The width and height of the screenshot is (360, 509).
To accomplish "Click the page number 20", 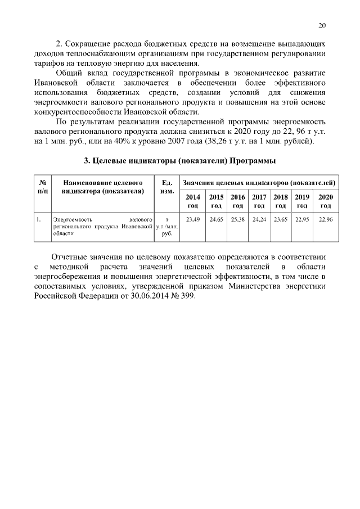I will pos(322,25).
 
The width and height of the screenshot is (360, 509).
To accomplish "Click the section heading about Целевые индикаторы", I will pos(179,161).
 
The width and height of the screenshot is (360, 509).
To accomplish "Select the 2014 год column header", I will pos(193,201).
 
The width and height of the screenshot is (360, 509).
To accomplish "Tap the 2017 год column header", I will pos(259,201).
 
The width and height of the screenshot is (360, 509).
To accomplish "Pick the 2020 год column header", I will pos(326,201).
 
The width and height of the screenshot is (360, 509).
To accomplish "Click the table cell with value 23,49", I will pos(193,219).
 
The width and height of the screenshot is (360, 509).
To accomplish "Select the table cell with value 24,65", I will pos(216,219).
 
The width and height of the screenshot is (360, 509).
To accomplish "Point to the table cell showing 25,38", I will pos(237,219).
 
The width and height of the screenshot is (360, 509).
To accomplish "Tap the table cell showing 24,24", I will pos(259,219).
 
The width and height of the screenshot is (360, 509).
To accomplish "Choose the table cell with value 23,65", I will pos(281,219).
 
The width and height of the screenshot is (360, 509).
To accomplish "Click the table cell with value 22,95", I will pos(302,219).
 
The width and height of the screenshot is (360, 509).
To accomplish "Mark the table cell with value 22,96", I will pos(326,219).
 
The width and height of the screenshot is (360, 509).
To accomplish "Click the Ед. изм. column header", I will pos(167,187).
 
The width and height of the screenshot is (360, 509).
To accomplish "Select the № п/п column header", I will pos(42,187).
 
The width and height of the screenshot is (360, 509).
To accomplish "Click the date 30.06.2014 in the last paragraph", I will pos(155,296).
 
